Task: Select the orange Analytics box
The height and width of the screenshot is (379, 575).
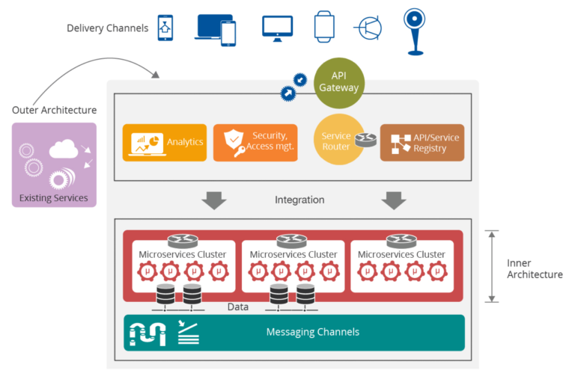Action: tap(164, 142)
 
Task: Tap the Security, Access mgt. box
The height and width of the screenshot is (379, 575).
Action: tap(255, 142)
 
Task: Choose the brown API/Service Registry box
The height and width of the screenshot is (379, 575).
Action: tap(422, 142)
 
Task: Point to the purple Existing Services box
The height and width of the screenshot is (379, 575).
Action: tap(54, 164)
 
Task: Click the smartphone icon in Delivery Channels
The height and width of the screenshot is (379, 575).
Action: tap(165, 28)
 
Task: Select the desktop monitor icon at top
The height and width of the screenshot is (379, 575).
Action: tap(277, 27)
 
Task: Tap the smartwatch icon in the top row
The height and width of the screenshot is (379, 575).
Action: tap(323, 27)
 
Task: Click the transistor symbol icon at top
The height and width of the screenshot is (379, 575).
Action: tap(368, 28)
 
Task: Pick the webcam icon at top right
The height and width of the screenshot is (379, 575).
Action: tap(414, 30)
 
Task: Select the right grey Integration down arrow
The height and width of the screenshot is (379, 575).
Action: tap(393, 200)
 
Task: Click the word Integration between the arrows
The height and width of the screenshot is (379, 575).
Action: tap(299, 200)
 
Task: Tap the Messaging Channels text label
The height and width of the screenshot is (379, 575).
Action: tap(313, 332)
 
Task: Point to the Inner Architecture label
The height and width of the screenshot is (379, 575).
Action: tap(534, 268)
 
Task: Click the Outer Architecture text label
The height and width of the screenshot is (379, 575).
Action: tap(54, 111)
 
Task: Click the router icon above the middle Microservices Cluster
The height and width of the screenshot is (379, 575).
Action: tap(293, 241)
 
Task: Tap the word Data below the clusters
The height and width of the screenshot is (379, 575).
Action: tap(238, 306)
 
